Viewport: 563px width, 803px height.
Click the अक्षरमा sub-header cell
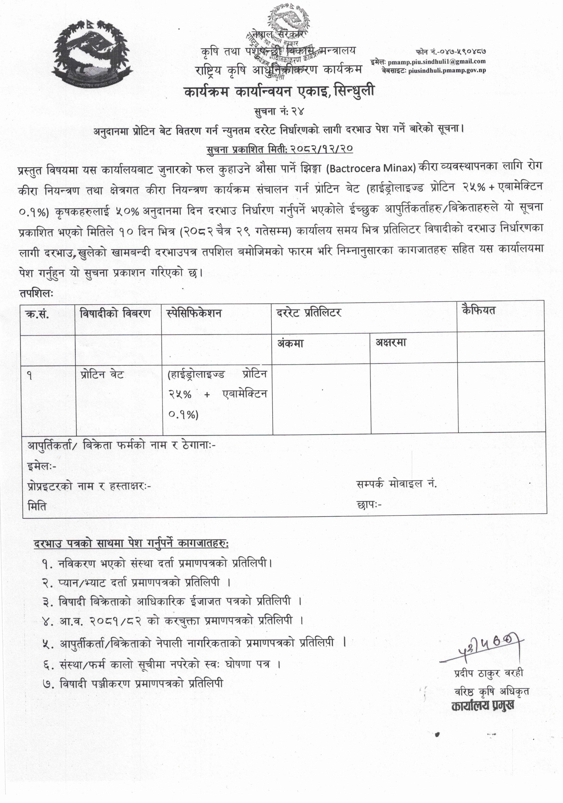pos(391,343)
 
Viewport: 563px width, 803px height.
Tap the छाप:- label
pos(369,504)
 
